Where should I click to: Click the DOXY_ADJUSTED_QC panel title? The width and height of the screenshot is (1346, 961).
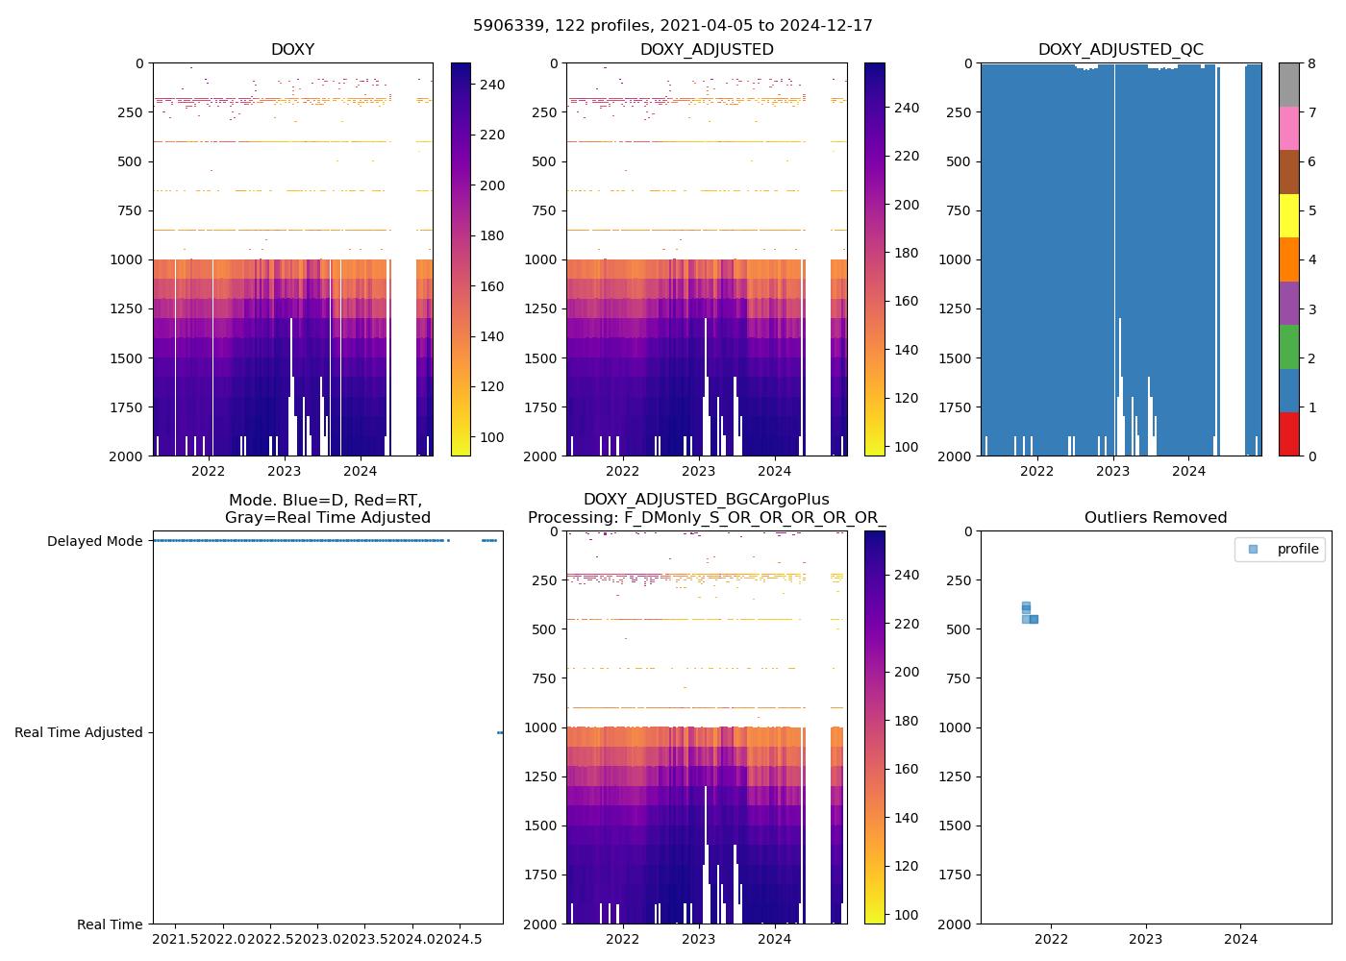[1120, 50]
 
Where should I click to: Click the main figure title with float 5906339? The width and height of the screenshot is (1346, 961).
[673, 26]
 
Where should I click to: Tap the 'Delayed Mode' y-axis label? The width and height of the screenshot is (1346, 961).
[94, 541]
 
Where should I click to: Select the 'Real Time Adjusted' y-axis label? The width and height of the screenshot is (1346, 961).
[78, 732]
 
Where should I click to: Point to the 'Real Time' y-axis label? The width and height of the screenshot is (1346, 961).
[110, 924]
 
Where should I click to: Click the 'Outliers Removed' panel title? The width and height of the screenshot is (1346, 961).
[1156, 518]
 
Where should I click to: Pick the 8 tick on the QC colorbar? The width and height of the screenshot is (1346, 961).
[1309, 63]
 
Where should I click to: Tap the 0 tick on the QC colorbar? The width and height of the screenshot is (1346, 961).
[1309, 456]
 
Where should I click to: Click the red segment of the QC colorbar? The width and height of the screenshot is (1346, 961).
[1289, 433]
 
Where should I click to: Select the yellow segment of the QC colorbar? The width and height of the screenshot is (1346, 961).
[1289, 215]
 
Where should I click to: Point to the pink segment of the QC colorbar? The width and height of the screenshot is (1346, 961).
[1289, 128]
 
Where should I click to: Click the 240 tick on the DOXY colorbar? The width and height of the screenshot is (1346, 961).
[492, 85]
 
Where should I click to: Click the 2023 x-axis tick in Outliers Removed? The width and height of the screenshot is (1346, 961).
[1146, 939]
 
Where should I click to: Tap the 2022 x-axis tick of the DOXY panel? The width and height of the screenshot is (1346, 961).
[208, 471]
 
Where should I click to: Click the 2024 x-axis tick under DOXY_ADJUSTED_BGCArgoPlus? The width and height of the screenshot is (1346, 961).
[775, 939]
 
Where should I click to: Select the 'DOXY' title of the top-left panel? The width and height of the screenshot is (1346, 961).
[292, 50]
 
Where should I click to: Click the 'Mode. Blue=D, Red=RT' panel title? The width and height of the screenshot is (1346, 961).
[327, 508]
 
